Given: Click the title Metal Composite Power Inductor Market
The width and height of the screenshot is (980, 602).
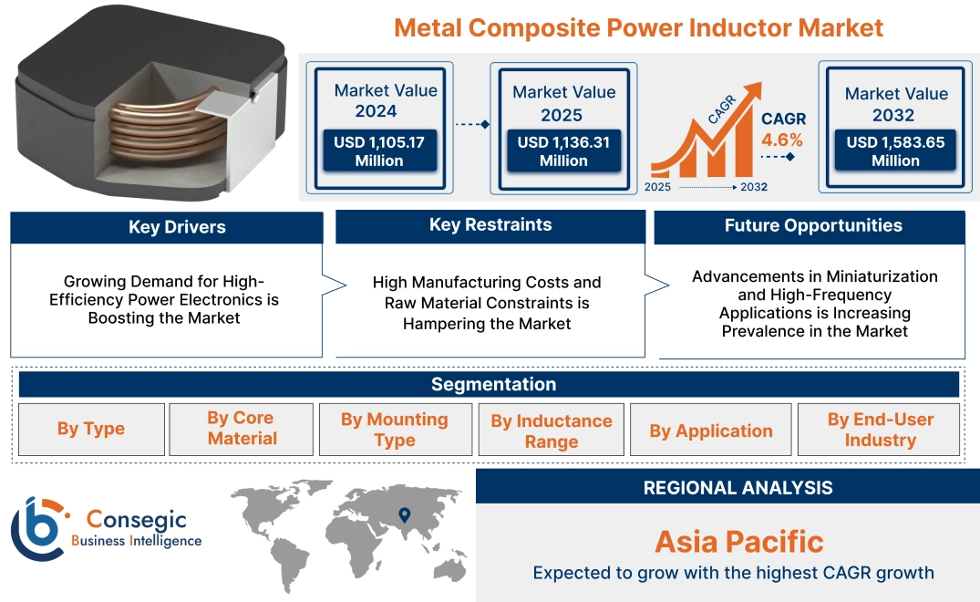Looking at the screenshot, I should point(638,27).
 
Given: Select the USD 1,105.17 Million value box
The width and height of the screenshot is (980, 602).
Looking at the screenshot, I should point(378,151).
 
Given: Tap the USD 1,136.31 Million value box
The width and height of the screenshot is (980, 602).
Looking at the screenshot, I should point(563,151).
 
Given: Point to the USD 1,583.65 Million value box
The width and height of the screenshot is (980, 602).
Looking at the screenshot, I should point(895,151).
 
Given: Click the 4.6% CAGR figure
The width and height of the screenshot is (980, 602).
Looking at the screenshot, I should point(782,140).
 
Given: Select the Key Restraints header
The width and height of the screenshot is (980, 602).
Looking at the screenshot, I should point(490,225).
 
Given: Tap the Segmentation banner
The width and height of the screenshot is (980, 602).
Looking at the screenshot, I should point(493,384).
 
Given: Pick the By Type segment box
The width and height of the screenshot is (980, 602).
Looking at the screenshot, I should point(91,429).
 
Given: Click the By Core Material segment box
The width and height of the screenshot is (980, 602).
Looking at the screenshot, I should point(242,429).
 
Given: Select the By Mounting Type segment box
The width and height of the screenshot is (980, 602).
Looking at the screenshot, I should point(394,430).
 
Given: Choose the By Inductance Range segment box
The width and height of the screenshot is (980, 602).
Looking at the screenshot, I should point(551,431).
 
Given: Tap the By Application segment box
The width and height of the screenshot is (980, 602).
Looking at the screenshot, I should point(710,431).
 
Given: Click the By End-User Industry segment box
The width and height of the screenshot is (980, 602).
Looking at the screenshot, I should point(880,430).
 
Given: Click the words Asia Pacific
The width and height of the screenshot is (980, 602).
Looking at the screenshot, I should point(738,542).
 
